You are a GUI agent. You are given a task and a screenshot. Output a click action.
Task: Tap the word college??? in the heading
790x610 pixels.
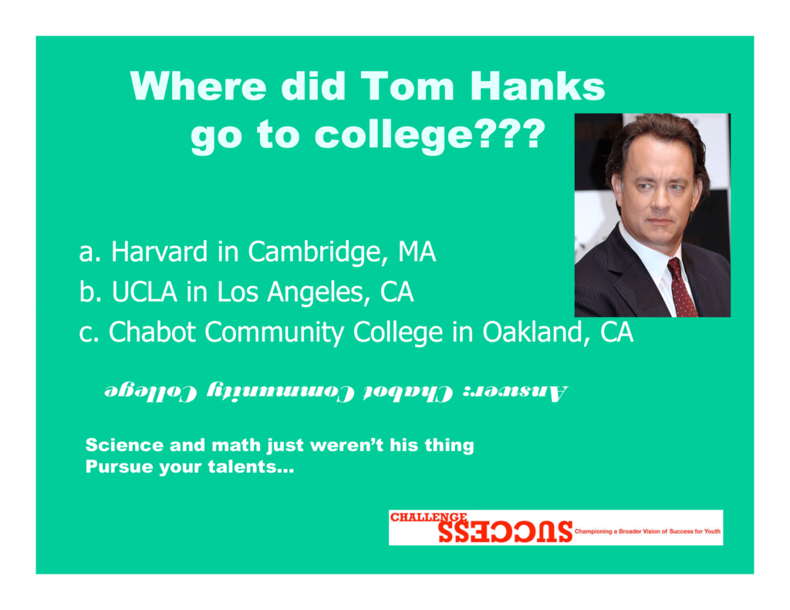430,136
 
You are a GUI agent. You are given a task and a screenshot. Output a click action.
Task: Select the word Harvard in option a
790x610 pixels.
159,251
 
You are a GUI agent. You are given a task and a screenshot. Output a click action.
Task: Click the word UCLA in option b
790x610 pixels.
144,292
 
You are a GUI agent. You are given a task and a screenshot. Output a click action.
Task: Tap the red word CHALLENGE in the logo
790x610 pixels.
429,517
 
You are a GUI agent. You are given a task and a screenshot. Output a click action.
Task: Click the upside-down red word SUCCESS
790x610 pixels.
505,532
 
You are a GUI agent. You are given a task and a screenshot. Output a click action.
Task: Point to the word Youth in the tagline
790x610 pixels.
712,531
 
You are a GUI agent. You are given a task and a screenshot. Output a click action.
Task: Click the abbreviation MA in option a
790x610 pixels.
417,252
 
